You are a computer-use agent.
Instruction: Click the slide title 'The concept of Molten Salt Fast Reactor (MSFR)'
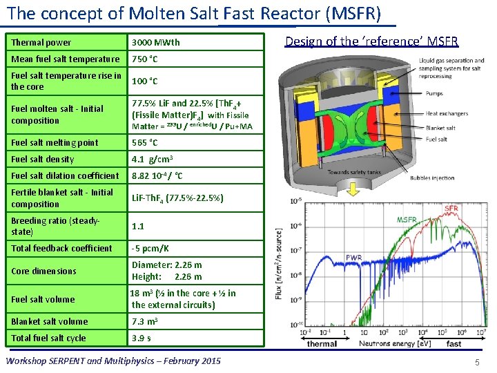pos(193,13)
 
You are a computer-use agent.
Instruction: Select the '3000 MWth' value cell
pos(156,42)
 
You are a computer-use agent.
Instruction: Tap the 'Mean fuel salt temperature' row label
pos(66,59)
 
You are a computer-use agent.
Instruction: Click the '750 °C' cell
pos(145,59)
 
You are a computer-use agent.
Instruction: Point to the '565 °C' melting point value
pos(145,143)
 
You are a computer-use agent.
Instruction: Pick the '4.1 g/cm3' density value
pos(152,160)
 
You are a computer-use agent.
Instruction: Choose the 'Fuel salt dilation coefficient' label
pos(66,176)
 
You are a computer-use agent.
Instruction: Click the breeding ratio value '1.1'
pos(138,226)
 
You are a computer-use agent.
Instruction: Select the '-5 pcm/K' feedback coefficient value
pos(150,249)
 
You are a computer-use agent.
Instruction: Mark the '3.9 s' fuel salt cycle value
pos(142,338)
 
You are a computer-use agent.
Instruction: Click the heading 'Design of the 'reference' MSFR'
pos(371,42)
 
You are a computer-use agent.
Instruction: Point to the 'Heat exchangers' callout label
pos(451,113)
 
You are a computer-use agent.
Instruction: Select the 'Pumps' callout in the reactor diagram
pos(436,93)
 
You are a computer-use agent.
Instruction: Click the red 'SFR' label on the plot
pos(451,208)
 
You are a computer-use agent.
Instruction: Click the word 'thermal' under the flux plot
pos(322,344)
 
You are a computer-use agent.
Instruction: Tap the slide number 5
pos(477,362)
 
